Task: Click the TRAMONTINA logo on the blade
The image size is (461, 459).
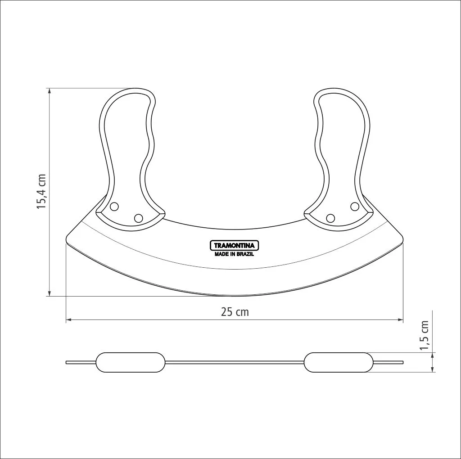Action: point(234,245)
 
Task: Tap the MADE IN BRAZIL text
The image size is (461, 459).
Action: point(234,254)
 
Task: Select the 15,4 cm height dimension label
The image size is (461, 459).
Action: point(41,192)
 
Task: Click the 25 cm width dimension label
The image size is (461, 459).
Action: point(235,312)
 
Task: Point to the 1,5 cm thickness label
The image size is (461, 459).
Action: point(424,335)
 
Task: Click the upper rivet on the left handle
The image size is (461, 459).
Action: point(114,207)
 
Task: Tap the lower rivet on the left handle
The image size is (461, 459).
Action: point(139,218)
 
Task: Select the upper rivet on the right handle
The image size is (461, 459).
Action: point(355,207)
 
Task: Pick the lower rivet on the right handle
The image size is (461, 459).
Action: point(330,218)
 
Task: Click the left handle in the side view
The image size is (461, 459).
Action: point(131,362)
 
